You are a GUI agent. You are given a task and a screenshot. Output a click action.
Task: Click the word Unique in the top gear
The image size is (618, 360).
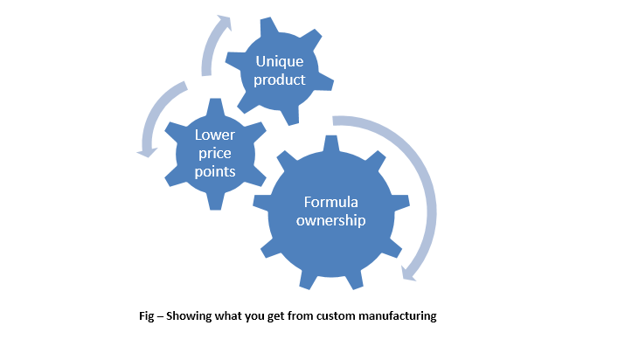click(x=280, y=61)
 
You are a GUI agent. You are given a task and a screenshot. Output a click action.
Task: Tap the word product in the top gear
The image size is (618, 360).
click(x=280, y=80)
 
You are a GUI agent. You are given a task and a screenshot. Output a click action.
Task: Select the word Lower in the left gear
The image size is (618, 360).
click(x=215, y=135)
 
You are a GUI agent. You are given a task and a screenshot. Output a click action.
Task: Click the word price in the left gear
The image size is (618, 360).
click(x=215, y=153)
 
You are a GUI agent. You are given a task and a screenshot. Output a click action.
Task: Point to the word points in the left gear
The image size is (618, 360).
click(x=215, y=172)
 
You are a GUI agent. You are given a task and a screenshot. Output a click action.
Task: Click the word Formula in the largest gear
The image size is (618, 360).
click(x=331, y=202)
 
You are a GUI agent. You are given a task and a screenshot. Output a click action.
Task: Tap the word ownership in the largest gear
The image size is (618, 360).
click(x=331, y=220)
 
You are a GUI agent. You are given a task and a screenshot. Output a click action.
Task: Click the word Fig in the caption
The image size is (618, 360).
click(x=146, y=316)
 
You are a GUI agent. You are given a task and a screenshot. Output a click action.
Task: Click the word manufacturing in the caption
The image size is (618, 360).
click(x=398, y=316)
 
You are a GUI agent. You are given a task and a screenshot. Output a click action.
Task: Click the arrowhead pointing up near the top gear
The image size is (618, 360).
click(x=225, y=23)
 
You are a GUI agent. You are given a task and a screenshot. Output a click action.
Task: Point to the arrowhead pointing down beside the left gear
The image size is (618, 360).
click(x=147, y=152)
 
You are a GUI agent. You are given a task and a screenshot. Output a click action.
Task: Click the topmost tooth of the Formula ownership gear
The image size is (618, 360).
click(x=331, y=143)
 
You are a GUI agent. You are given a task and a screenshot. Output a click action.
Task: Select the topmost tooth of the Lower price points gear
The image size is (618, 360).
click(x=215, y=107)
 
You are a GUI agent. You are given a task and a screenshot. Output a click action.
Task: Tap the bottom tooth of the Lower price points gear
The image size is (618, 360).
click(x=215, y=202)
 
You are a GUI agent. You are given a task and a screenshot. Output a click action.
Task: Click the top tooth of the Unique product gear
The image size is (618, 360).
click(x=269, y=26)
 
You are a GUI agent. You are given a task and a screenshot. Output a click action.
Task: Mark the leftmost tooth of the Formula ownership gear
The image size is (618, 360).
click(x=261, y=201)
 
